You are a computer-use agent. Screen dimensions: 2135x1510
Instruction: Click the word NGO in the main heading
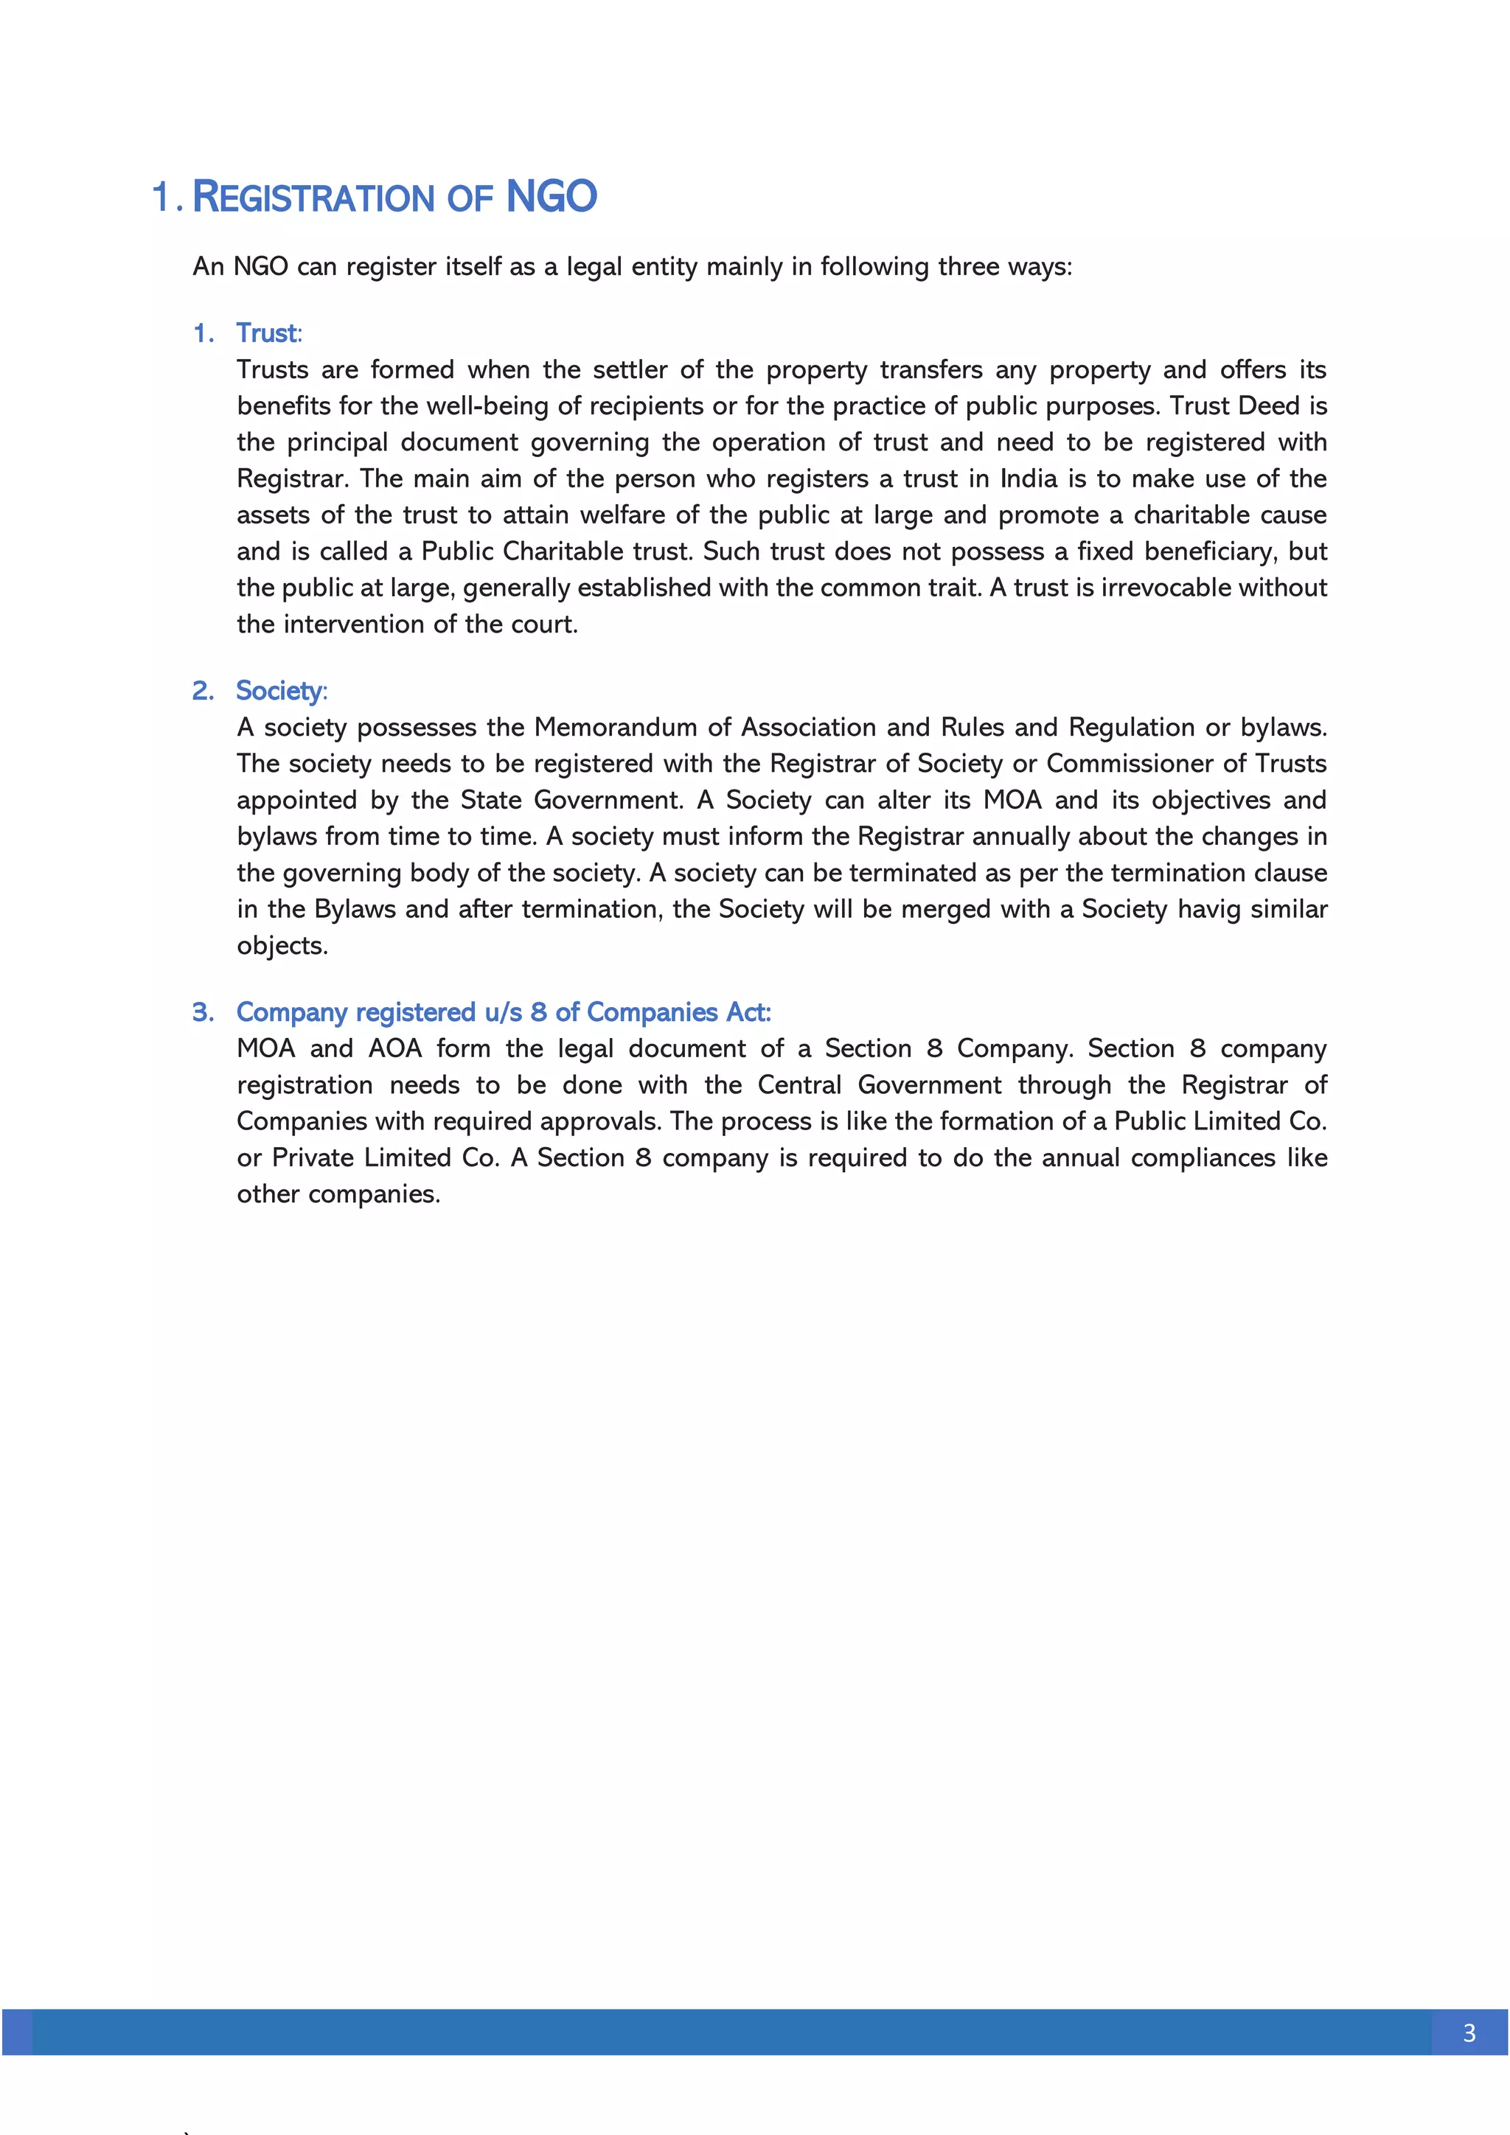tap(551, 197)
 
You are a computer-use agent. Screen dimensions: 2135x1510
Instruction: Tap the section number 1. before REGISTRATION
tap(167, 198)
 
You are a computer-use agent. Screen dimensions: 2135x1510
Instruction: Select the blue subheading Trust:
tap(268, 333)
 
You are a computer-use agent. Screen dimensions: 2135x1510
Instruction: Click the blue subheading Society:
tap(281, 691)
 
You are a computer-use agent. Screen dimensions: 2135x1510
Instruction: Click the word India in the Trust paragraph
tap(1027, 479)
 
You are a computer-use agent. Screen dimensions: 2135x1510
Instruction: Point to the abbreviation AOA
tap(395, 1049)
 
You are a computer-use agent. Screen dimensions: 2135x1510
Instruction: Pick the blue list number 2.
tap(203, 691)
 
